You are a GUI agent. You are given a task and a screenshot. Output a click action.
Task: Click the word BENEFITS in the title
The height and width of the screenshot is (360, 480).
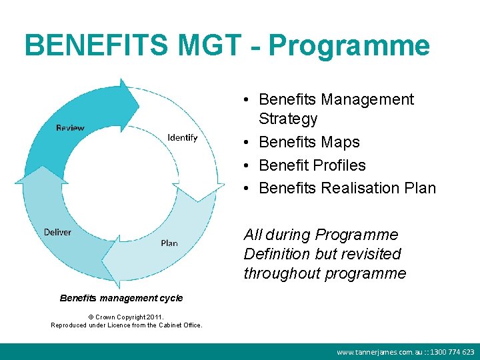[97, 46]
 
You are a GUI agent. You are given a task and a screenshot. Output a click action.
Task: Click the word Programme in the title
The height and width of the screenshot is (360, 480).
[349, 46]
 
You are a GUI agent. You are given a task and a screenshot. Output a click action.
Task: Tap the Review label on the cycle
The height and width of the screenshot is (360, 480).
[70, 128]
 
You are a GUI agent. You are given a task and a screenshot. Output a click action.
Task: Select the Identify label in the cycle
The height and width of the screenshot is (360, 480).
[183, 137]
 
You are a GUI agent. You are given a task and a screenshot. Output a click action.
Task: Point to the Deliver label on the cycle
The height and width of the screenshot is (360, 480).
[57, 232]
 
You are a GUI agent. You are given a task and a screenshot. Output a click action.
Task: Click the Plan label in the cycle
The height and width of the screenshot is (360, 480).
[169, 243]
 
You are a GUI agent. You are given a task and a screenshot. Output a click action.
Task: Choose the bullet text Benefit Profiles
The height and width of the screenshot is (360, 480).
[312, 165]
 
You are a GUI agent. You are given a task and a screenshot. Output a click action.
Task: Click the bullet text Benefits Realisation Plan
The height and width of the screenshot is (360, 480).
[347, 188]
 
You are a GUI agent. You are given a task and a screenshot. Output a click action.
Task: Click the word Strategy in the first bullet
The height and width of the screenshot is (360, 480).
[288, 119]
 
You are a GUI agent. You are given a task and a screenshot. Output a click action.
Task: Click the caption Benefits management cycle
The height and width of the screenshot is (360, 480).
[121, 298]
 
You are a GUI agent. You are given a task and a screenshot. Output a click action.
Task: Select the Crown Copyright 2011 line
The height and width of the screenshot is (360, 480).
[126, 317]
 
